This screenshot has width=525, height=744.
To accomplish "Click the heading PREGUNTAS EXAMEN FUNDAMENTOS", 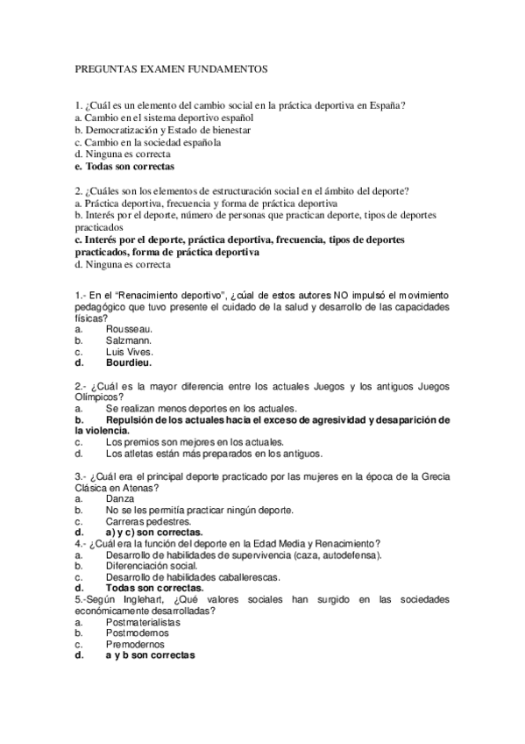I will [171, 68].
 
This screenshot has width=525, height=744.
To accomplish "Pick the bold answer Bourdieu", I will [129, 362].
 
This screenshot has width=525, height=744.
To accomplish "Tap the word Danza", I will [120, 498].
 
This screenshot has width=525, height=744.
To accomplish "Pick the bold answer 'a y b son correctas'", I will [150, 655].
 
